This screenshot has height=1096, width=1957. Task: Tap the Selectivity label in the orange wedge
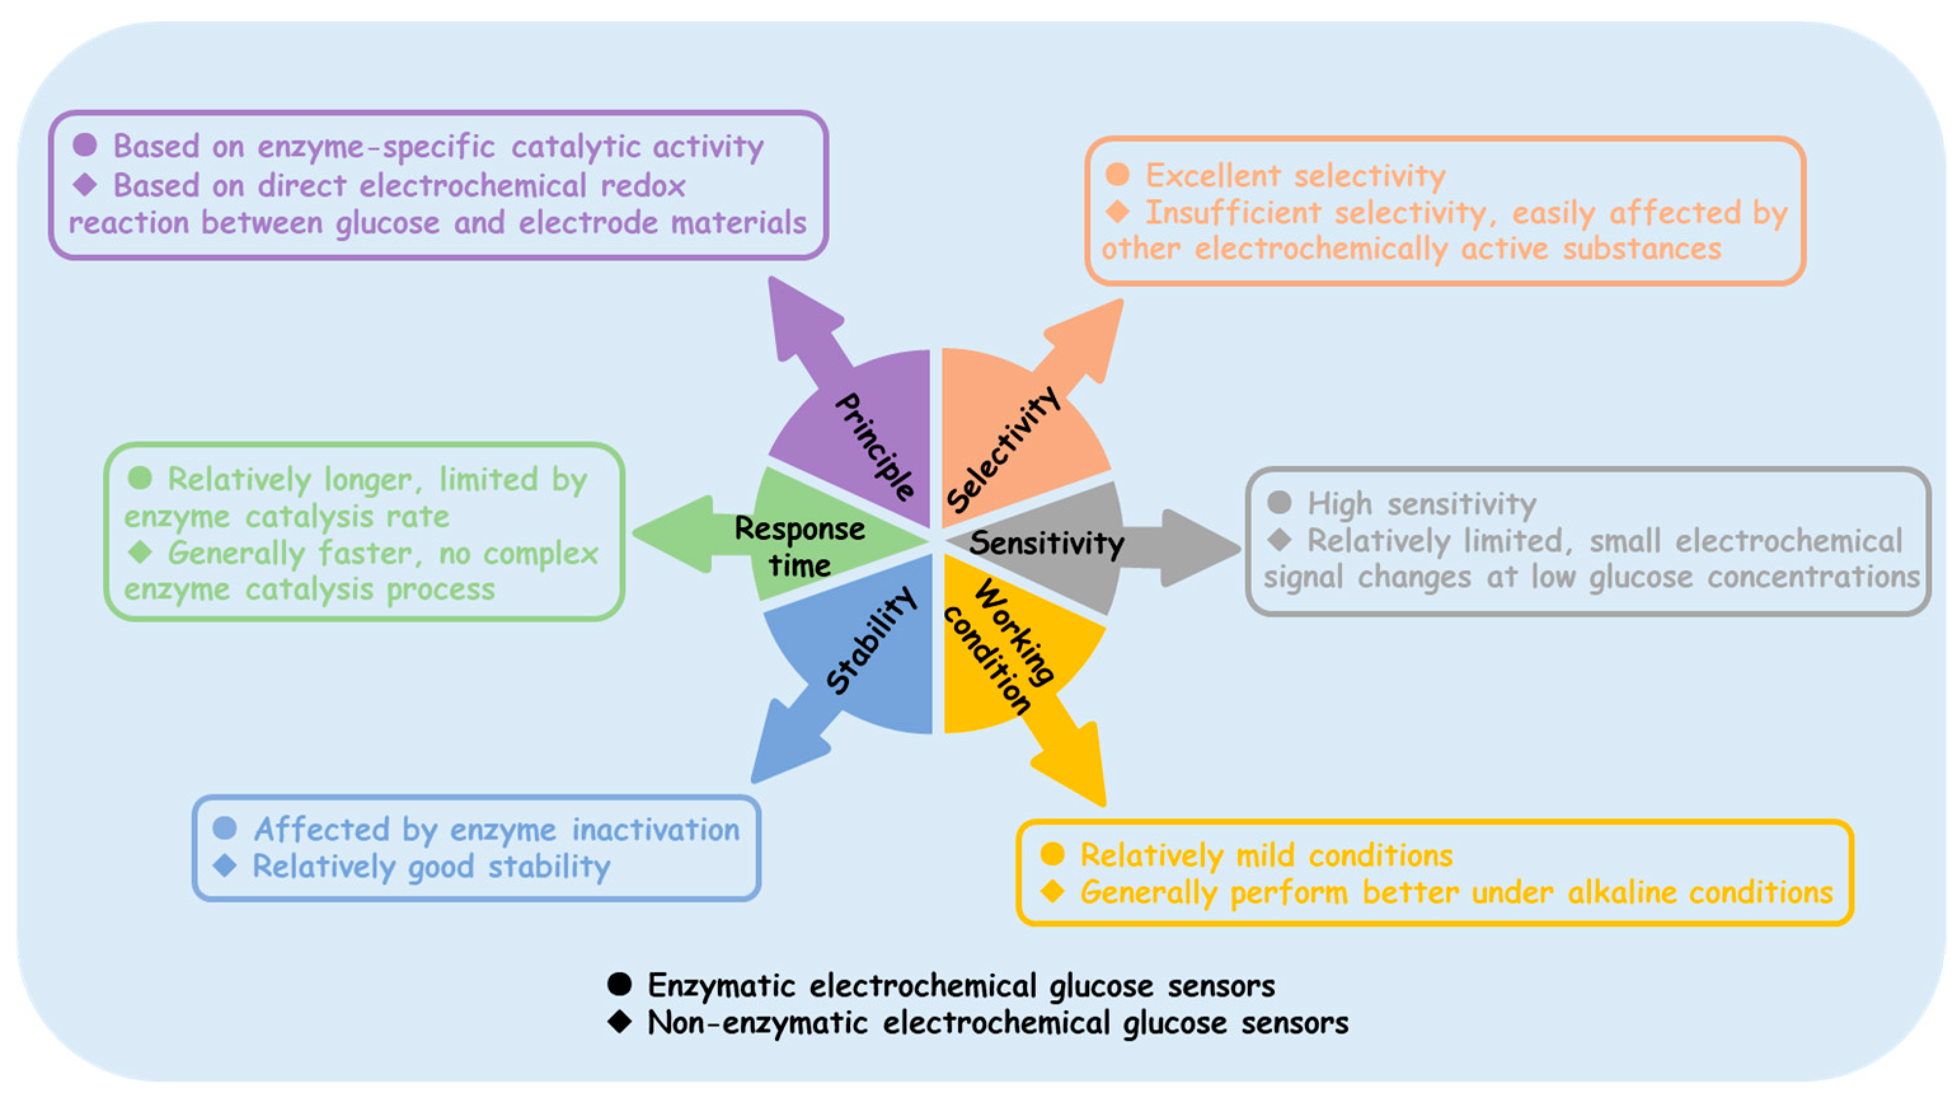click(x=1003, y=450)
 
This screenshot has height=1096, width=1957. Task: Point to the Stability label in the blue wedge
click(x=871, y=641)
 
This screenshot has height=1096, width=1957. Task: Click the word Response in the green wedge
click(x=799, y=528)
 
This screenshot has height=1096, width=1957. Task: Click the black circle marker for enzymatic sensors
click(x=619, y=984)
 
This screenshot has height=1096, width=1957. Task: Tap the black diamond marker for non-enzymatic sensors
click(x=619, y=1022)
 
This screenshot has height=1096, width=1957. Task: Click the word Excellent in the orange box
click(x=1212, y=175)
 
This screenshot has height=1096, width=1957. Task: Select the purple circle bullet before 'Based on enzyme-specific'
click(x=85, y=144)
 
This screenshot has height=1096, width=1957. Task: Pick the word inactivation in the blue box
click(x=655, y=829)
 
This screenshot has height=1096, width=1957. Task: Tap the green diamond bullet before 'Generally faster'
click(x=140, y=552)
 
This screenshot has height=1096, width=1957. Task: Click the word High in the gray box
click(x=1339, y=504)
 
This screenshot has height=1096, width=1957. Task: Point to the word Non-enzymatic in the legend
click(x=757, y=1023)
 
